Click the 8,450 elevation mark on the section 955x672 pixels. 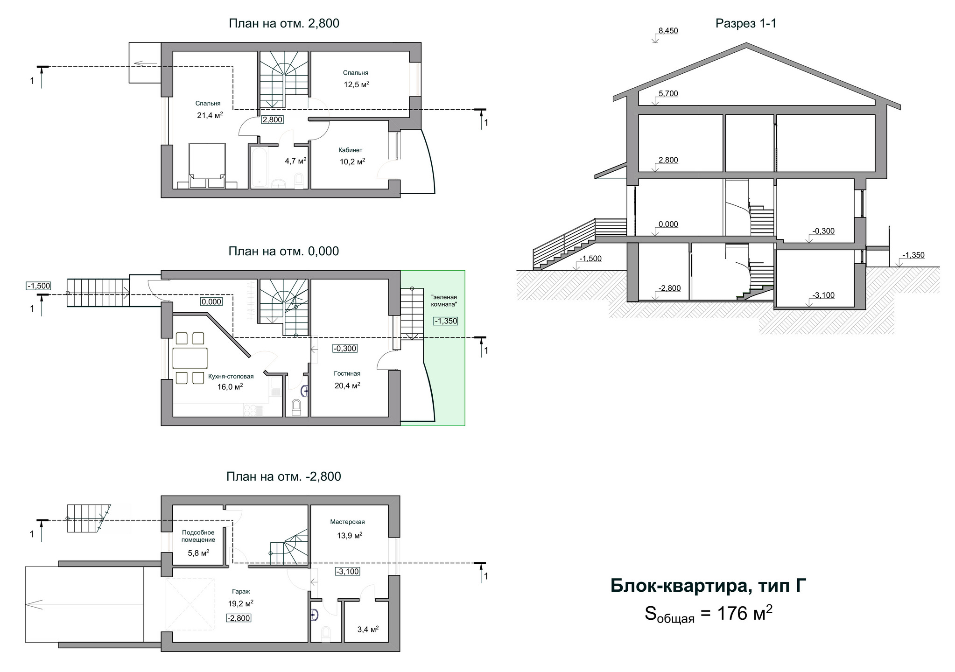(667, 31)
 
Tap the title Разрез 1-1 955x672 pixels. (746, 23)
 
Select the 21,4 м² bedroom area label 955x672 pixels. (210, 115)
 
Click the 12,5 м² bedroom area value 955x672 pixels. (357, 84)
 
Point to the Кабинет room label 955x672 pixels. (351, 150)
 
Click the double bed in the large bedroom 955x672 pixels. (207, 166)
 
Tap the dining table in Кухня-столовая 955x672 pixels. (190, 358)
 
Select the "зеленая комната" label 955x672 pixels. (444, 301)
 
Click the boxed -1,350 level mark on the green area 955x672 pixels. (445, 321)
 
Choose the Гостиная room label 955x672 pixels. (347, 373)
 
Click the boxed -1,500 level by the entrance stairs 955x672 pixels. (39, 286)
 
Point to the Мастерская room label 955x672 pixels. (347, 522)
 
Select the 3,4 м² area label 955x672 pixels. (368, 630)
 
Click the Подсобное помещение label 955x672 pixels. (198, 536)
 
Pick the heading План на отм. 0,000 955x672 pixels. (284, 251)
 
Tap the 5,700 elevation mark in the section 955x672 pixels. (668, 93)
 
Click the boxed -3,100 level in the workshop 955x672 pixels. (347, 571)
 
